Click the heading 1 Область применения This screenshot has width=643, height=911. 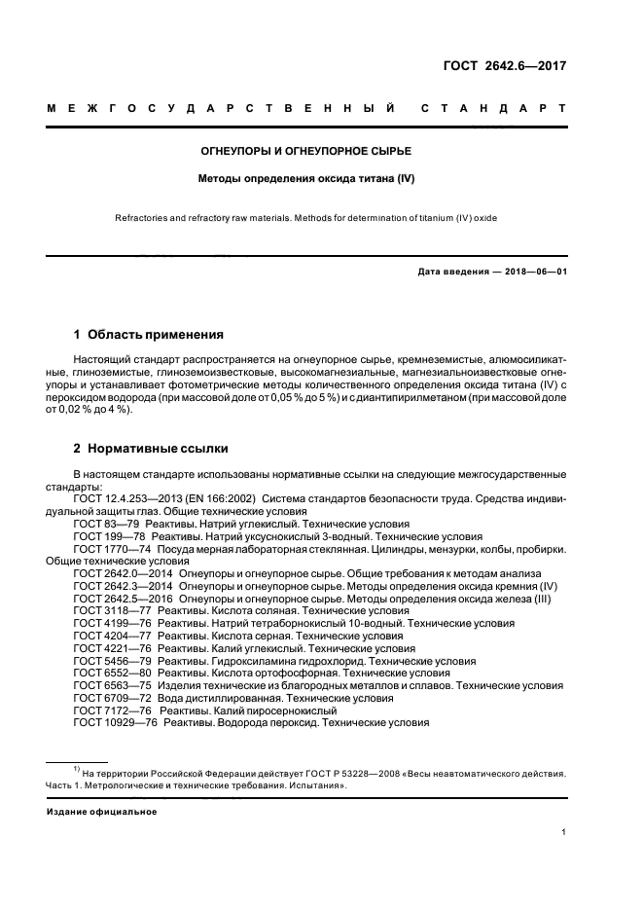[x=149, y=334]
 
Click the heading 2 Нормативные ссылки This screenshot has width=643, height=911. [x=151, y=449]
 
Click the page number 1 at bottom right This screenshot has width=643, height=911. [x=563, y=832]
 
